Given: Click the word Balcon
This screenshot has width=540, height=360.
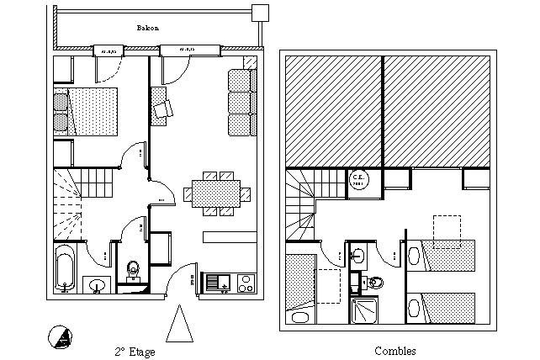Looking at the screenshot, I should pos(148,28).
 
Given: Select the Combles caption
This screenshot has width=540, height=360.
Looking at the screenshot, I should pos(394,351).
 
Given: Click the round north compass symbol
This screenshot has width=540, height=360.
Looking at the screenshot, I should pos(60,336).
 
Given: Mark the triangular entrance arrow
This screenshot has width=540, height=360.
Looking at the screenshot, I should pos(179,325).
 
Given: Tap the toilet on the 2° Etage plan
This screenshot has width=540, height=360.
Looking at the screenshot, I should pos(132,270).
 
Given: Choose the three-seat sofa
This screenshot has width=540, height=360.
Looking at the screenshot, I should pos(241,103).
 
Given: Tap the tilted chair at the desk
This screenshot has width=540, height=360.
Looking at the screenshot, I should pos(162,108).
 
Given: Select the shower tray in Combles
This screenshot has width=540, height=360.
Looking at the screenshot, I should pos(364,311).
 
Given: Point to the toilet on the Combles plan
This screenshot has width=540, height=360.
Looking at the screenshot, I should pos(374,282).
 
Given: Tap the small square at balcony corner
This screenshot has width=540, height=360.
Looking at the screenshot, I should pos(261,13).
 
